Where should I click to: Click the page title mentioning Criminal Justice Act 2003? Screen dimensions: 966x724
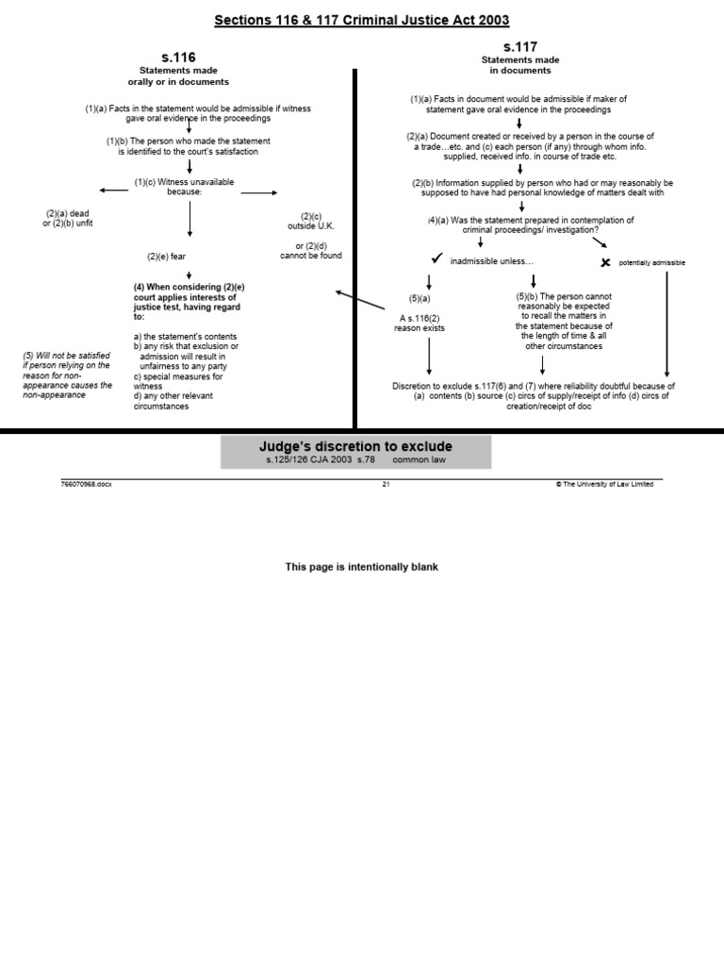(362, 20)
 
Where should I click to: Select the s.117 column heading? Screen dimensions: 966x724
(519, 46)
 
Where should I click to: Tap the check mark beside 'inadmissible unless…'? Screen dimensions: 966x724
(436, 259)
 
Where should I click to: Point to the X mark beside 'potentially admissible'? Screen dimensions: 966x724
(606, 262)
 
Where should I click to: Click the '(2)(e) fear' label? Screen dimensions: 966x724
(166, 256)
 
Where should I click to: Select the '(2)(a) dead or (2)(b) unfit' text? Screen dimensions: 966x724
(68, 219)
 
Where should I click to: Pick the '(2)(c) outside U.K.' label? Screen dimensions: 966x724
(310, 221)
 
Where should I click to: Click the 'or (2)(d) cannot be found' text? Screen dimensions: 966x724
(311, 250)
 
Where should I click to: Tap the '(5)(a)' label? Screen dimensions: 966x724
(419, 298)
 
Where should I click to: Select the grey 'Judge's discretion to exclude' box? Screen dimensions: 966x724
(356, 452)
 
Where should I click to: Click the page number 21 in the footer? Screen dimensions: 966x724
(386, 484)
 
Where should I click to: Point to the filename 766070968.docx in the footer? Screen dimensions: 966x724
(86, 484)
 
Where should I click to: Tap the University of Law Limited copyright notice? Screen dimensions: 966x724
(604, 484)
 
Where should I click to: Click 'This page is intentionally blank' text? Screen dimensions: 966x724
(362, 567)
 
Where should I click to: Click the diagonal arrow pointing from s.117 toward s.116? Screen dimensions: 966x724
(360, 300)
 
